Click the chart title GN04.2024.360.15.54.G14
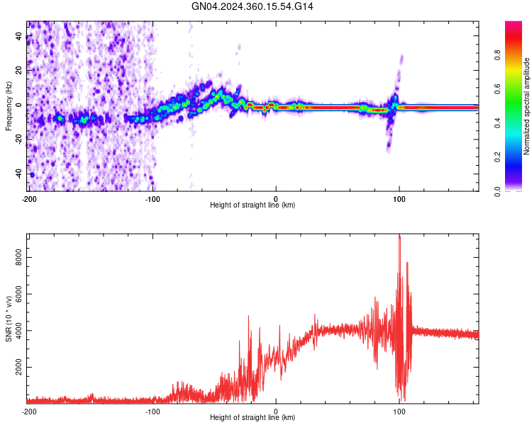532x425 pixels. tap(253, 6)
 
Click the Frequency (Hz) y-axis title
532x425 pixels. tap(9, 106)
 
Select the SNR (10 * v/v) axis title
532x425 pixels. tap(9, 319)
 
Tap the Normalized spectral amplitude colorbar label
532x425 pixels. tap(527, 106)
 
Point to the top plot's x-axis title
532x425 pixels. tap(253, 205)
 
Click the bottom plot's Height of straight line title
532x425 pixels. tap(253, 417)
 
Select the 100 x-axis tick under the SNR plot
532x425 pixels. tap(399, 411)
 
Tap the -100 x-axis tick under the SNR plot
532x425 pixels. tap(152, 411)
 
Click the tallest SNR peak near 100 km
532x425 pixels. tap(399, 235)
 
